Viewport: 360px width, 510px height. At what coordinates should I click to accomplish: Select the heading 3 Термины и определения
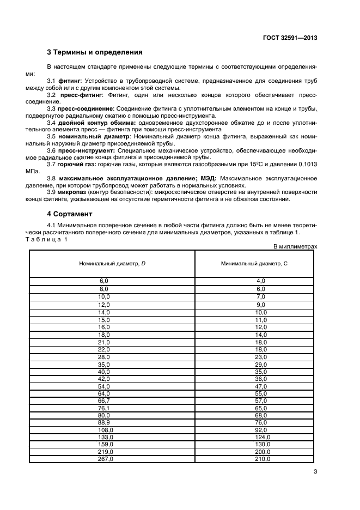pos(95,53)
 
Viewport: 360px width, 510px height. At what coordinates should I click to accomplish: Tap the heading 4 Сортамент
pos(69,214)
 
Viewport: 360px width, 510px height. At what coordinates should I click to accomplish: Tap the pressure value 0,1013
pos(306,164)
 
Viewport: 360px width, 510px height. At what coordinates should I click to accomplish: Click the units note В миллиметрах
pos(294,246)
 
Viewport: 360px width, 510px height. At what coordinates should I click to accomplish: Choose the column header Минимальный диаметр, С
pos(254,263)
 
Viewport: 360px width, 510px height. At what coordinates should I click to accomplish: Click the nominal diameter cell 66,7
pos(104,400)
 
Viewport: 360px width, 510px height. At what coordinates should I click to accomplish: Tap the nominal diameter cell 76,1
pos(104,406)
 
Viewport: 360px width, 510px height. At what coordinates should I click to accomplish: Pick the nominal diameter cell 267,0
pos(104,459)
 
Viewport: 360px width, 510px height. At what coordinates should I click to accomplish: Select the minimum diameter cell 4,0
pos(261,280)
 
